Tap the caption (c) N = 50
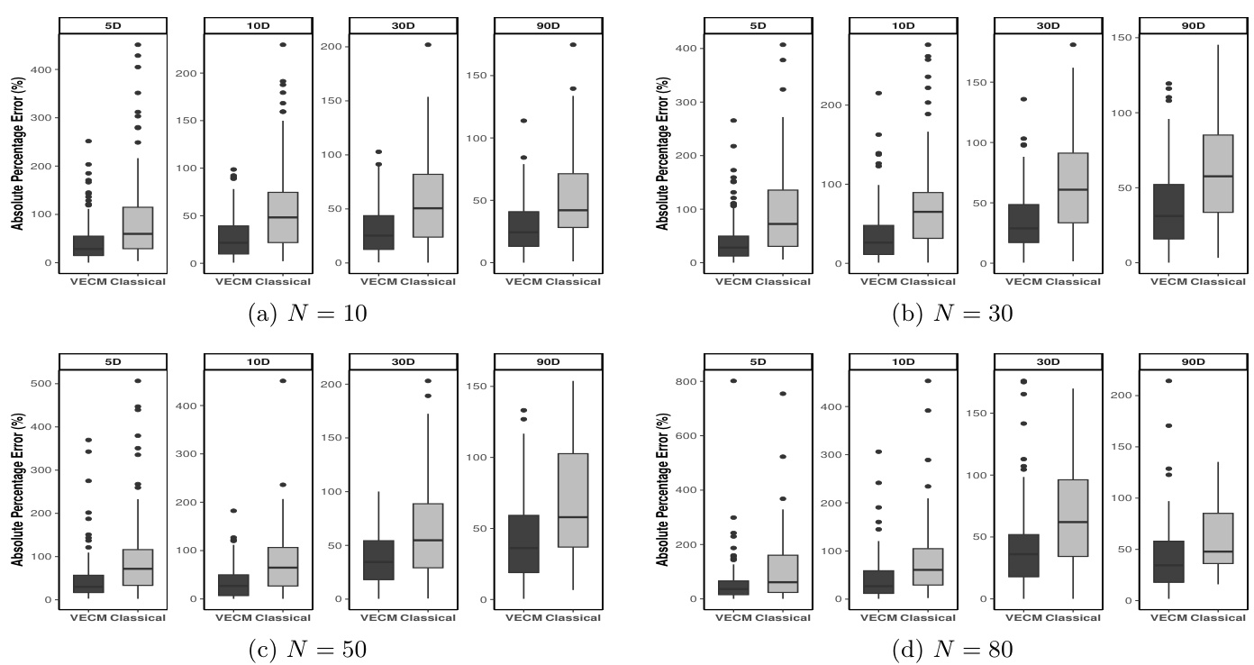click(306, 650)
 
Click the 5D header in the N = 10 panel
click(113, 24)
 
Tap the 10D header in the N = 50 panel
click(258, 361)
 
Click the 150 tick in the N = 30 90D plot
click(1124, 37)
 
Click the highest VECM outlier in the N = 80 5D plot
click(733, 381)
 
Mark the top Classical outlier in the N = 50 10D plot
click(283, 381)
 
